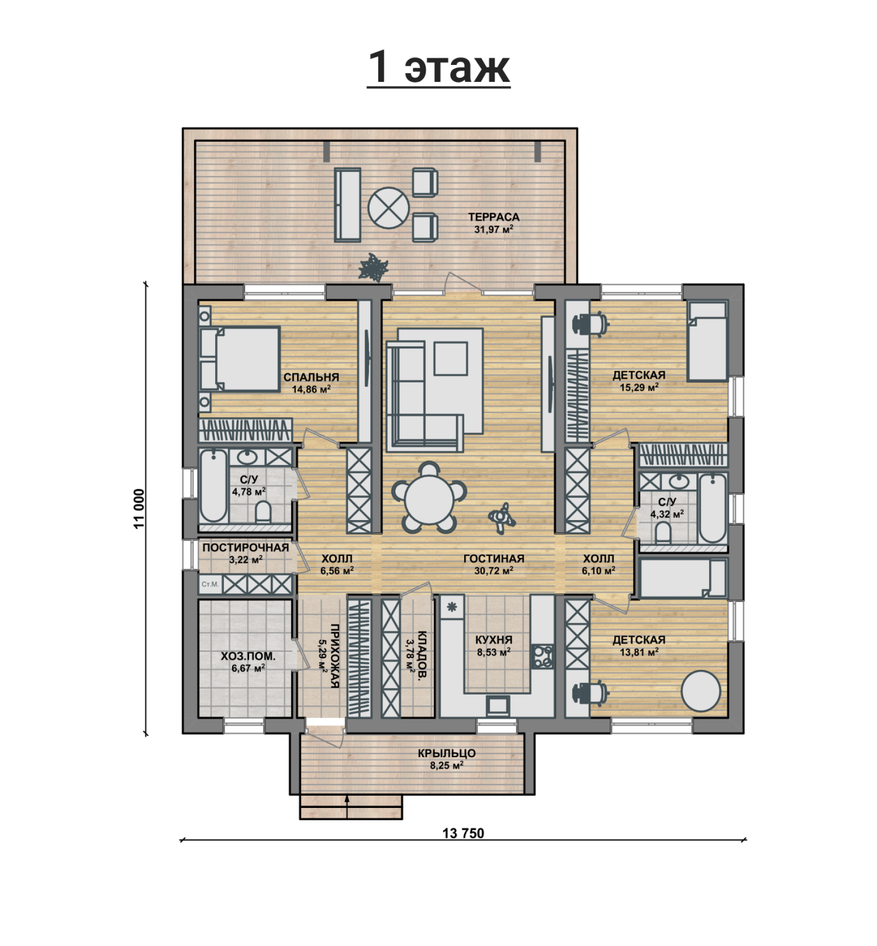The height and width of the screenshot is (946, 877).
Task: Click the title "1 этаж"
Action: coord(438,67)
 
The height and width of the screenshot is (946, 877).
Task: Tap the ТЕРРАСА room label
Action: coord(494,217)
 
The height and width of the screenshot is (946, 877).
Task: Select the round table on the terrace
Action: coord(389,208)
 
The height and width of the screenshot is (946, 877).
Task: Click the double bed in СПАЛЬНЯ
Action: coord(240,358)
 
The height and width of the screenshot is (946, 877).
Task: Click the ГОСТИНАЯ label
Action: coord(494,559)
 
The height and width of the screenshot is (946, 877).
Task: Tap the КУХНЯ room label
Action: coord(494,640)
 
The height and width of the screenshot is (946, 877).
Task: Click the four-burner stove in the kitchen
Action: coord(542,657)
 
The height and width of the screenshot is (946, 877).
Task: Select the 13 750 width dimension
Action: coord(463,833)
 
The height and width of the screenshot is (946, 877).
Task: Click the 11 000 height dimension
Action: coord(139,509)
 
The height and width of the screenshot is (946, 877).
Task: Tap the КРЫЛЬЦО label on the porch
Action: coord(447,753)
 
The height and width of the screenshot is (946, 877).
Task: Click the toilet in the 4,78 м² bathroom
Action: coord(264,512)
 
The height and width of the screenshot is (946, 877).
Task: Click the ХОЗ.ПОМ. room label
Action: coord(248,657)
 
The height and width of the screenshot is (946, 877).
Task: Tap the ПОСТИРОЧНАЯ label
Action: coord(245,548)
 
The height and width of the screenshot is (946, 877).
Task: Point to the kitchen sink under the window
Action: coord(498,706)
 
